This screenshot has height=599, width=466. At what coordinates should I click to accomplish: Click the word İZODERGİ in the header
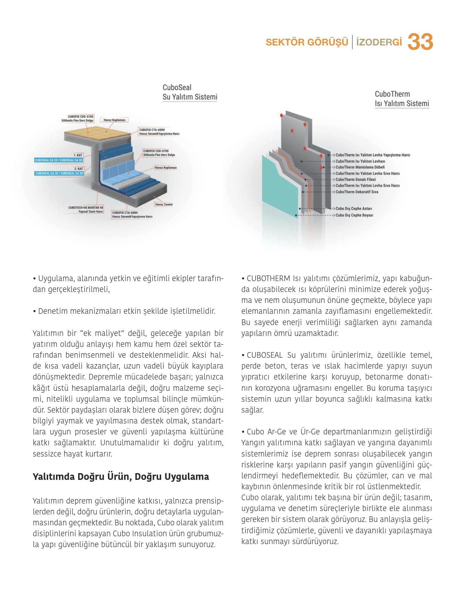(379, 42)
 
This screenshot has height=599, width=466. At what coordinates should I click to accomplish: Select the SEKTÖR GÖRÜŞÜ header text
(307, 42)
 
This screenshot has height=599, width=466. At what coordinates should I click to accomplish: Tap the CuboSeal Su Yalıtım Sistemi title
(190, 92)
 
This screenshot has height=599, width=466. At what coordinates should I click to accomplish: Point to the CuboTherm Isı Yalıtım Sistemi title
(402, 99)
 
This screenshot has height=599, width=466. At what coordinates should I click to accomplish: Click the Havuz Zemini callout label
(163, 204)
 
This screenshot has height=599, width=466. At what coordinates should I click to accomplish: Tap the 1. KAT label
(78, 155)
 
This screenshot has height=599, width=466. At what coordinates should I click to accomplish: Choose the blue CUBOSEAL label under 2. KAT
(59, 173)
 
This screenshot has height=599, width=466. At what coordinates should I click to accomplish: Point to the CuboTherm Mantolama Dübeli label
(360, 167)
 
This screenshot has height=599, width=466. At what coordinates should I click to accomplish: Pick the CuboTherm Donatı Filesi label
(356, 180)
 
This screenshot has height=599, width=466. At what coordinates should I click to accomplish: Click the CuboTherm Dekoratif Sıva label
(357, 192)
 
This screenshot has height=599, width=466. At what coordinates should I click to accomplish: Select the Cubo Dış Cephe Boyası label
(354, 215)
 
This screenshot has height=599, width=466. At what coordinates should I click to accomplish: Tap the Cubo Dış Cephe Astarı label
(354, 209)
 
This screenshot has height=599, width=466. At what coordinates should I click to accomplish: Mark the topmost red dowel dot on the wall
(281, 115)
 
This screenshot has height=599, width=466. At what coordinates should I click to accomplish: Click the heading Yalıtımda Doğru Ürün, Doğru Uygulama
(121, 476)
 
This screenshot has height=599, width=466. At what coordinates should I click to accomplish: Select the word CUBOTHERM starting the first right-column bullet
(268, 278)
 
